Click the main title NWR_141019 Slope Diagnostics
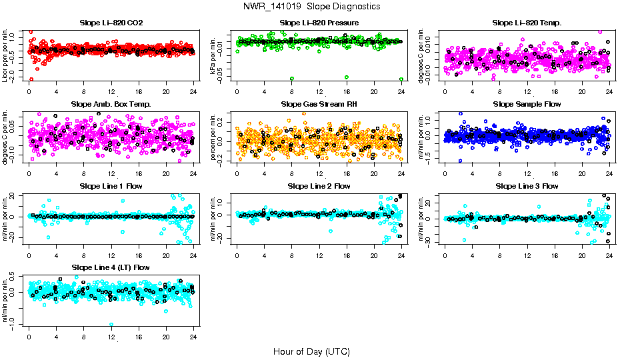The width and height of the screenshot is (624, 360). pos(312,6)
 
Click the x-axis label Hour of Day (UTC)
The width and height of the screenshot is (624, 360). pos(311,351)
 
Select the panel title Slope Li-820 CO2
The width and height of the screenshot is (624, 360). pos(111,23)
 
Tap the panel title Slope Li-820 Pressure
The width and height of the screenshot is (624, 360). pos(319,23)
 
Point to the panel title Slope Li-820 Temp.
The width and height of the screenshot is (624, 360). pos(527,23)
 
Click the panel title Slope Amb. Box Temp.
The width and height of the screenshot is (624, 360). pos(111,104)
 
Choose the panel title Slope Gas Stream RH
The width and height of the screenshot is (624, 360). pos(319,104)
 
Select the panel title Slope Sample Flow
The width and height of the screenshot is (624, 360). pos(527,104)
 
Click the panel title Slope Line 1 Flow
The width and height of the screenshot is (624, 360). pos(111,186)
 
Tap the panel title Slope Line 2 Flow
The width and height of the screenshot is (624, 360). pos(319,186)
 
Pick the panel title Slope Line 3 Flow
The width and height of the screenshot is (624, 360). pos(527,186)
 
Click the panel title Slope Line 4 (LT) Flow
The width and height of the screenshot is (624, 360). pos(111,267)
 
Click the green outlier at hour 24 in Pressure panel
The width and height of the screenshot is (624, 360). pos(401,79)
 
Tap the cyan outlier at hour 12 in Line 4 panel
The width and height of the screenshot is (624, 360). pos(111,324)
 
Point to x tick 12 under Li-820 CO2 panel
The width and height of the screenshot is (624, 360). pos(111,92)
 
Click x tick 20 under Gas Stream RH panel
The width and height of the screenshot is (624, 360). pos(374,173)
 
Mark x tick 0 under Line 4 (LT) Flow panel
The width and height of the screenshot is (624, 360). pos(29,337)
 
